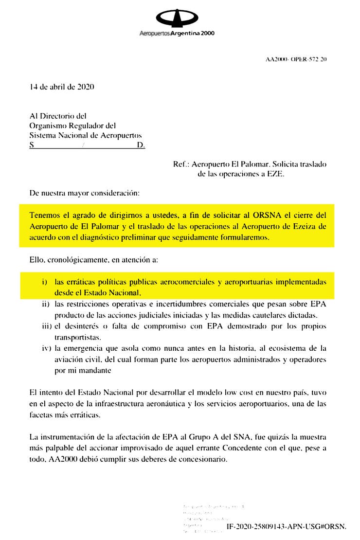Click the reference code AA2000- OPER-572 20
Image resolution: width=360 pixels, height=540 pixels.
(x=296, y=59)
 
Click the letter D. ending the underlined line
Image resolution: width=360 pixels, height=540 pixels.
(x=141, y=145)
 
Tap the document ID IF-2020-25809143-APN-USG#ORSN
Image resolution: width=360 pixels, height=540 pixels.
(x=286, y=527)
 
